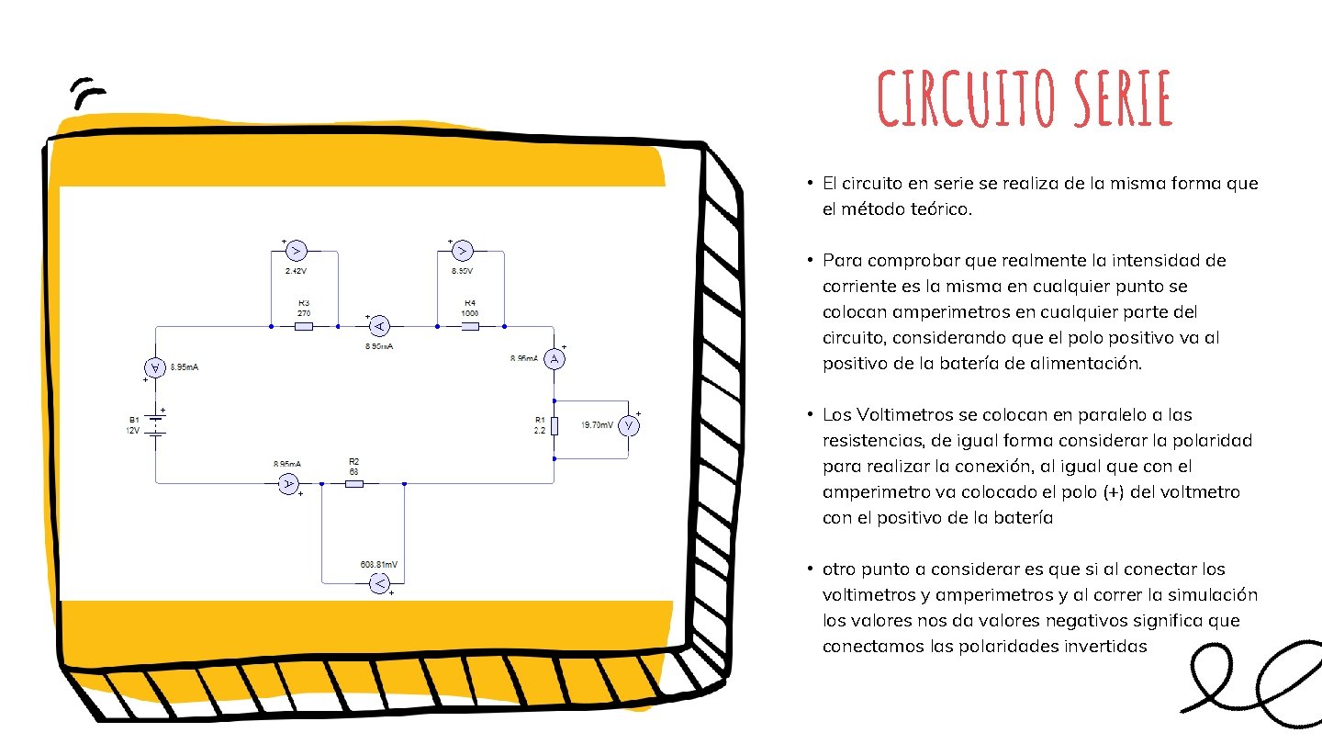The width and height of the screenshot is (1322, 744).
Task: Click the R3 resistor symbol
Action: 304,326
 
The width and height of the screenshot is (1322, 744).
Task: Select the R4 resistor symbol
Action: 469,326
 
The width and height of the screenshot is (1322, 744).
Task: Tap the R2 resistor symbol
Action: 353,483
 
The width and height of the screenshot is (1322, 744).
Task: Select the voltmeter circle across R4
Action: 463,251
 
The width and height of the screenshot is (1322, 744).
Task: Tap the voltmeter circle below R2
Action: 378,583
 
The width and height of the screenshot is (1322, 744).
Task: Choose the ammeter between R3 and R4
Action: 378,326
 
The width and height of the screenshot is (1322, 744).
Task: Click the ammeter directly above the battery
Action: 156,367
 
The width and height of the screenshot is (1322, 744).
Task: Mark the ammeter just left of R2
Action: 287,483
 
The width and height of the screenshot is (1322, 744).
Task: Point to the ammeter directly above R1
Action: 555,359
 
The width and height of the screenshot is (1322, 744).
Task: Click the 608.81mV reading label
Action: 379,564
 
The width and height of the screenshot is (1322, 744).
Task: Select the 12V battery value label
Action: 133,431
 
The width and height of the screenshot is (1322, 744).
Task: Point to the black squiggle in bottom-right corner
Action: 1253,680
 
